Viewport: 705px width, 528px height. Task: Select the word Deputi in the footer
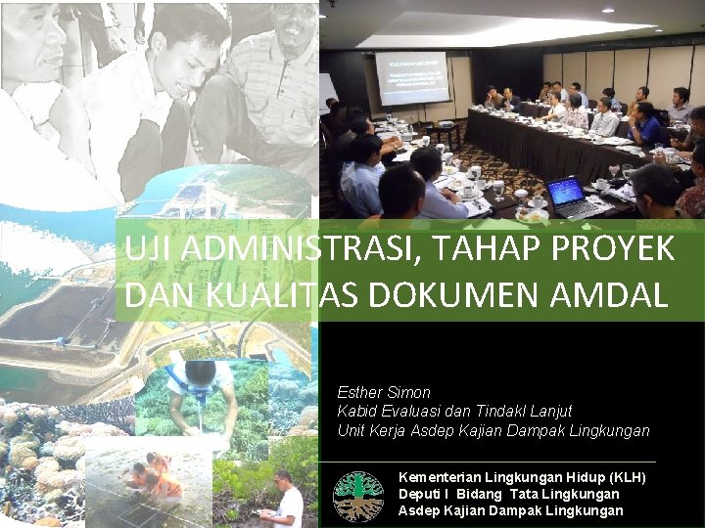pyautogui.click(x=421, y=494)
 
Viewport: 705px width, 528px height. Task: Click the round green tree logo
pyautogui.click(x=357, y=496)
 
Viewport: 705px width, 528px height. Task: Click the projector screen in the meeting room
pyautogui.click(x=410, y=79)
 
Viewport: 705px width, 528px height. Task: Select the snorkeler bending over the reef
pyautogui.click(x=201, y=391)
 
